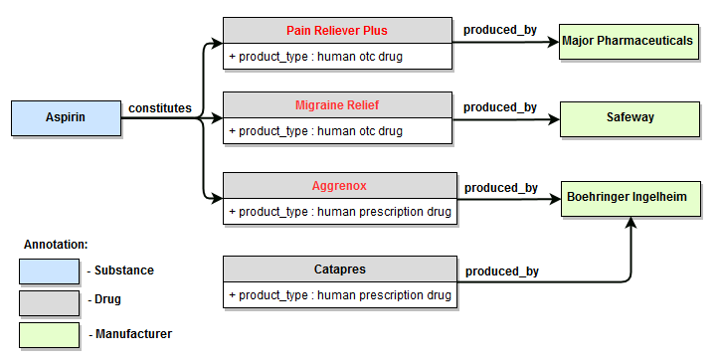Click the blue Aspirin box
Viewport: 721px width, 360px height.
(x=66, y=118)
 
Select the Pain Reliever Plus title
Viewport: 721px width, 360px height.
(x=337, y=31)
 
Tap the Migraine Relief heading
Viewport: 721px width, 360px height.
(x=337, y=105)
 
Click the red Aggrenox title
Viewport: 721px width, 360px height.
(x=337, y=185)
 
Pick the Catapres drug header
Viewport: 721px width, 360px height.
(x=337, y=269)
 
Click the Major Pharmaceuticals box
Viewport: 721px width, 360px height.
(x=627, y=42)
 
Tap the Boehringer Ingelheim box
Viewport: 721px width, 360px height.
(x=627, y=198)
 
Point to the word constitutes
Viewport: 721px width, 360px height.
(x=160, y=107)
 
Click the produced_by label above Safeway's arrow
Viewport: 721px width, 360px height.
(x=500, y=107)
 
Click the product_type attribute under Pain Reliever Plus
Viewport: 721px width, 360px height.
(x=316, y=56)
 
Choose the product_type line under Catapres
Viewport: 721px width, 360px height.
(x=339, y=294)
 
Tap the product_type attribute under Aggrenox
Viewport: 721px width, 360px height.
(x=339, y=211)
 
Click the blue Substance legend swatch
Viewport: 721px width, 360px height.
(x=49, y=270)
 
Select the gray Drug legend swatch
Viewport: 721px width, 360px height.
(x=49, y=299)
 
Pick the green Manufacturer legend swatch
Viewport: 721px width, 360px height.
(x=49, y=334)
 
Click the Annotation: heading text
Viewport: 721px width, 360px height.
(x=56, y=244)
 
